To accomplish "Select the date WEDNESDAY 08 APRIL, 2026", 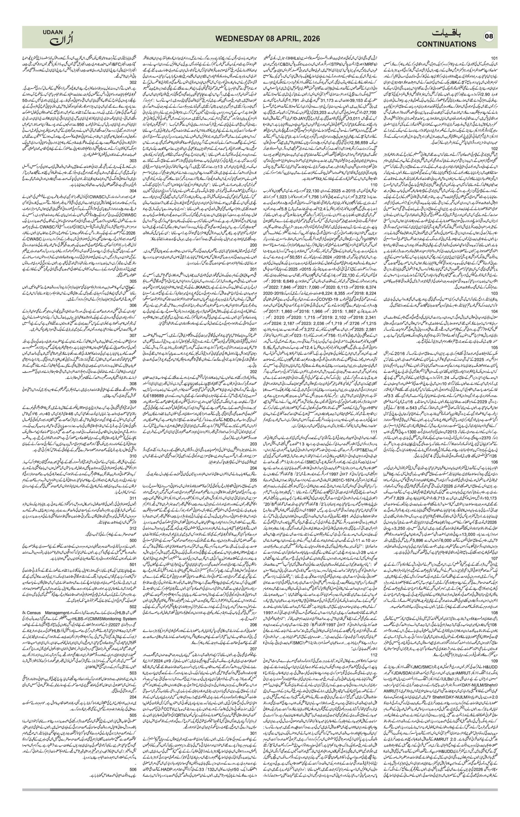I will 267,39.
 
